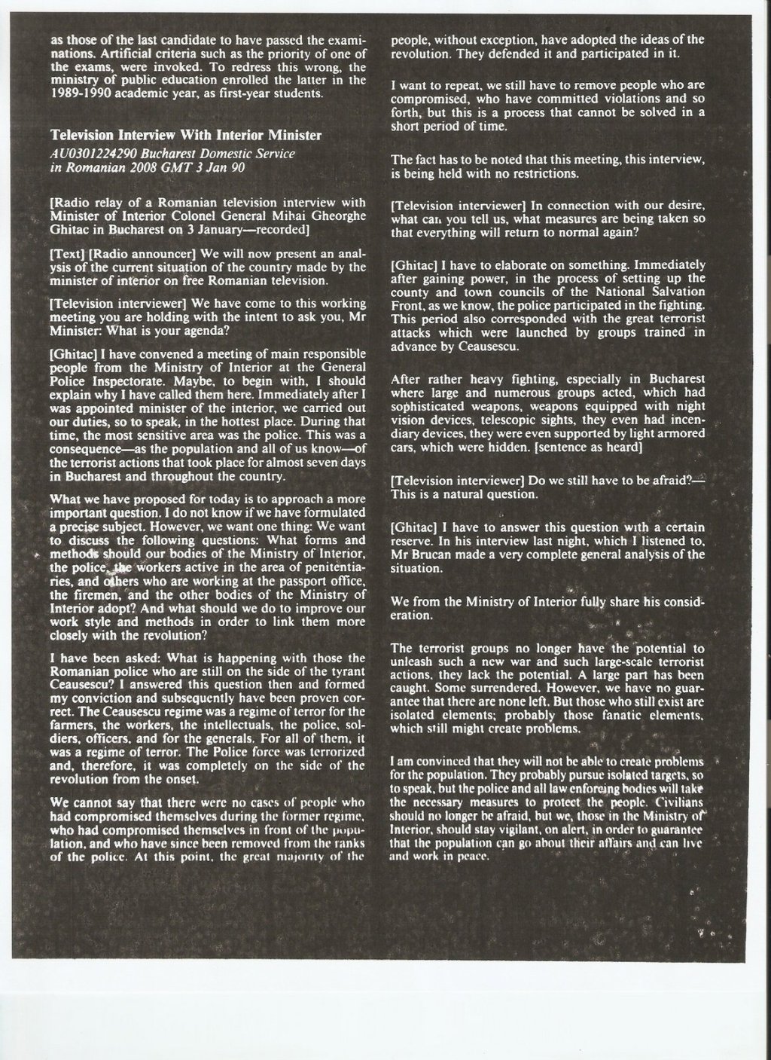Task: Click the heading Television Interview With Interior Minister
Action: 186,136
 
